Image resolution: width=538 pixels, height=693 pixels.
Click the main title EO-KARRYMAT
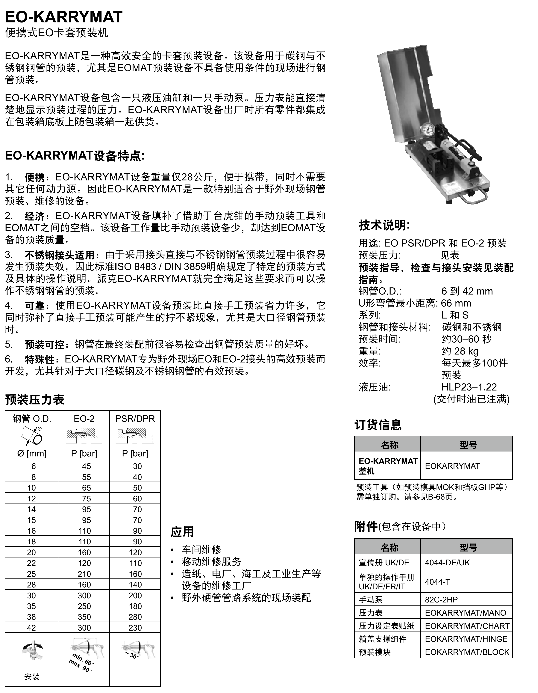click(x=64, y=17)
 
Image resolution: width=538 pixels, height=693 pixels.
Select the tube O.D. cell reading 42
click(x=31, y=628)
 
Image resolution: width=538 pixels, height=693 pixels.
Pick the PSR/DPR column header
click(x=135, y=419)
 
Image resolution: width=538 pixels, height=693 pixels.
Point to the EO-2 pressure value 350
click(x=84, y=617)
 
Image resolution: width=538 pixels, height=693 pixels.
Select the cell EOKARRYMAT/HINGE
click(x=466, y=639)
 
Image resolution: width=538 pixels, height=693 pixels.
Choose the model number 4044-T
click(x=437, y=582)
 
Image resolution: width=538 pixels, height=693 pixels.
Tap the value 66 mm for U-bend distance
click(x=456, y=303)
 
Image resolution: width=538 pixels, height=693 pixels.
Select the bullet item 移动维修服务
click(x=211, y=562)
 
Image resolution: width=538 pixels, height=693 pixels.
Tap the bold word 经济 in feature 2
click(x=35, y=216)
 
